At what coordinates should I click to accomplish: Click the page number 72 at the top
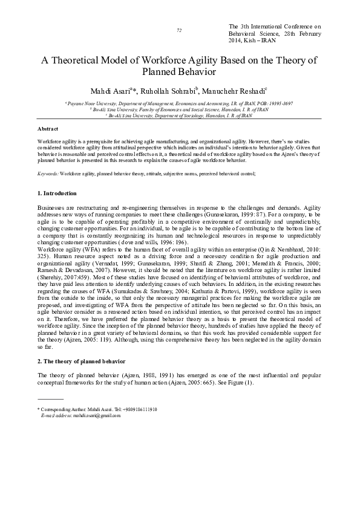point(179,30)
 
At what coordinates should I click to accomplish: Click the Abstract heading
point(48,129)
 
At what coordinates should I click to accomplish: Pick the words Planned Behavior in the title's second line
point(179,72)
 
